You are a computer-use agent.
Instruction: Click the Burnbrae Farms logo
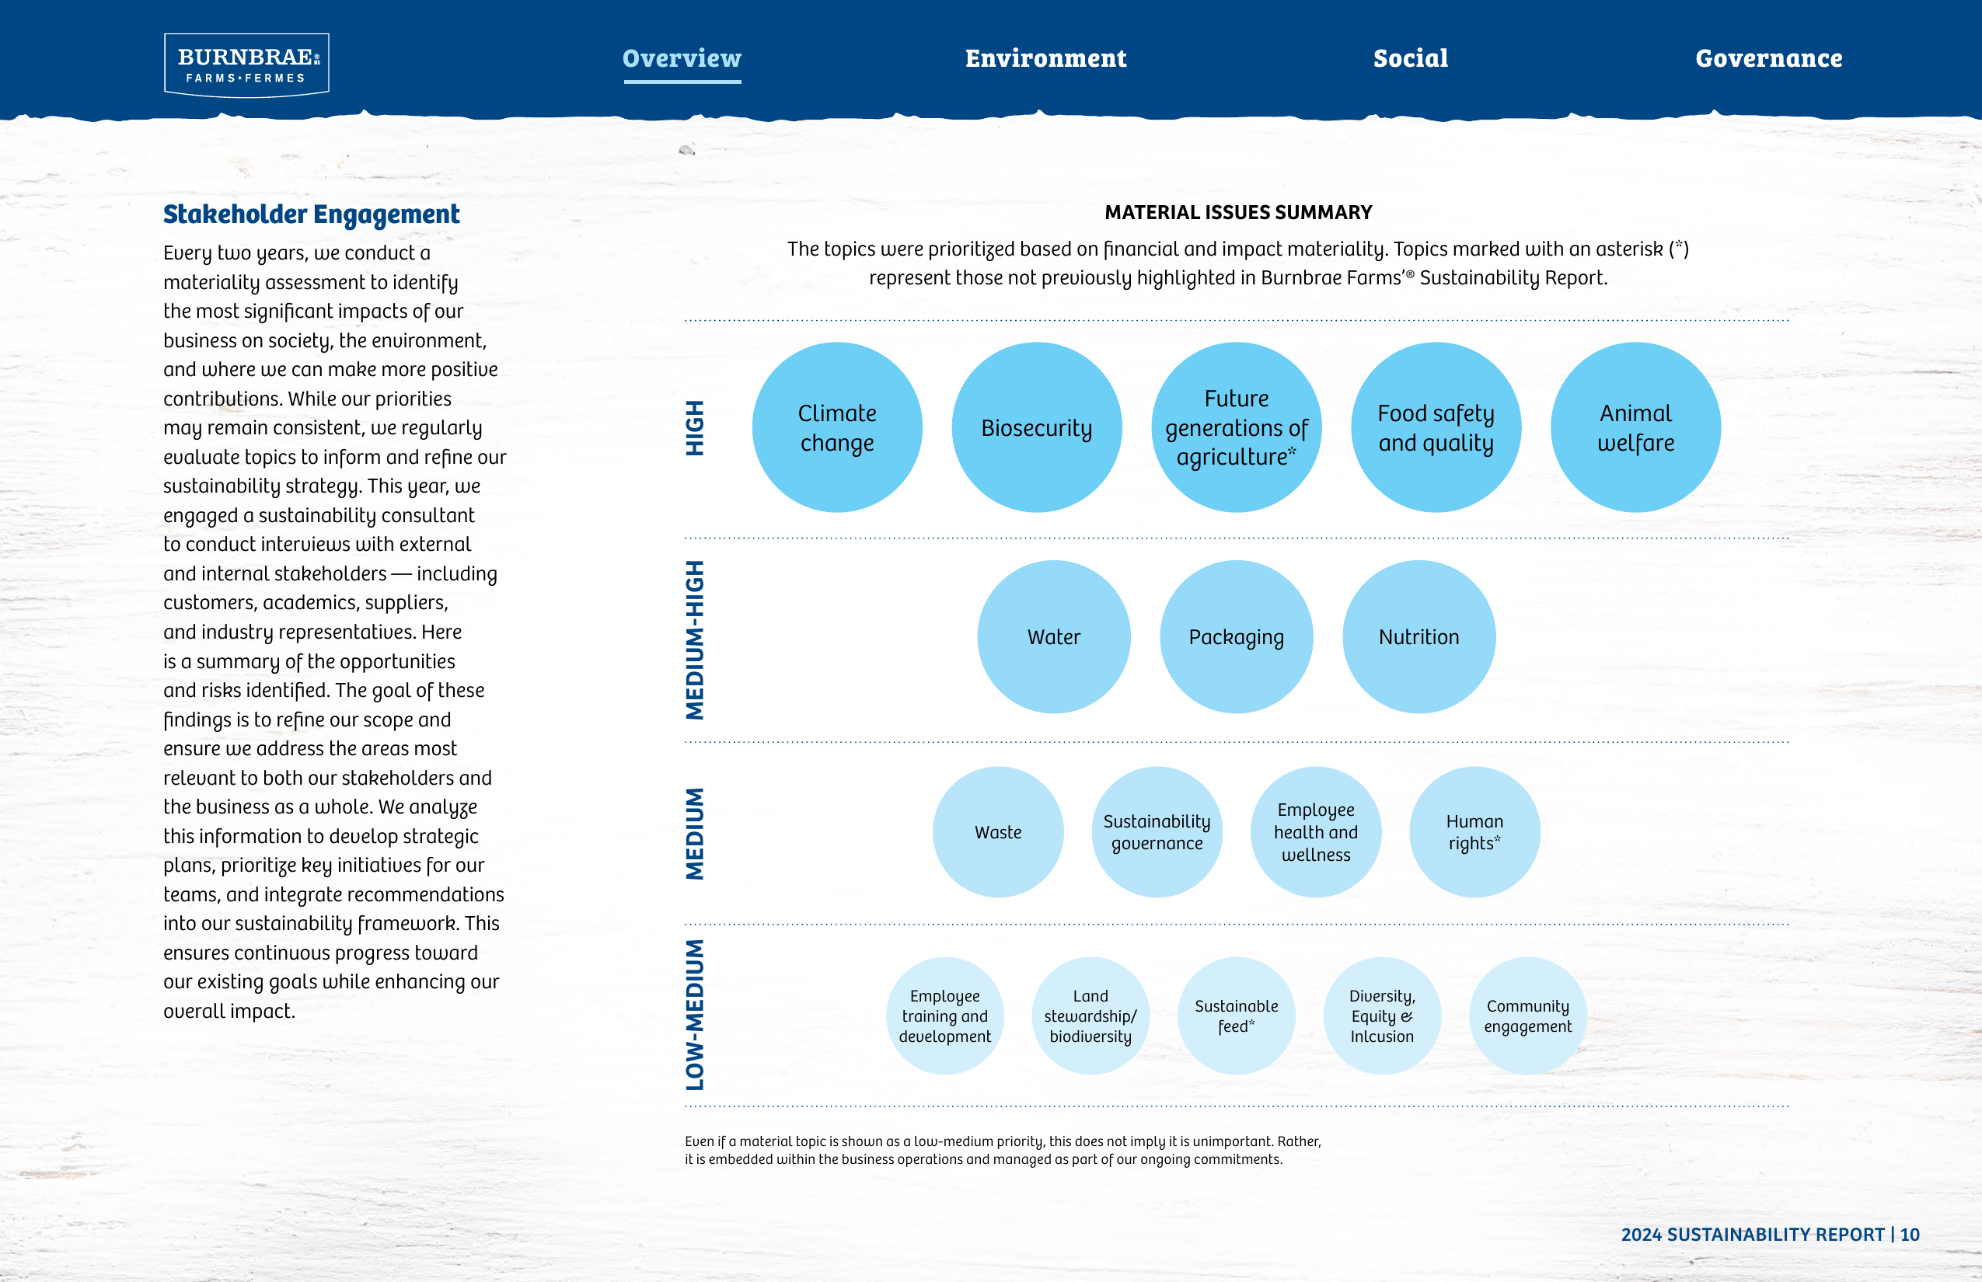246,65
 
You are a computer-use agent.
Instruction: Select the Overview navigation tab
682,58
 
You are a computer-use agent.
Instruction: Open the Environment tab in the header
1045,58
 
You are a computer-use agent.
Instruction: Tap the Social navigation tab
1411,58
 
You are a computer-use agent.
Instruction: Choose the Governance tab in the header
1769,58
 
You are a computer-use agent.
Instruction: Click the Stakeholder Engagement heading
312,214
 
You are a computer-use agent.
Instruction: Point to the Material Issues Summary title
1238,212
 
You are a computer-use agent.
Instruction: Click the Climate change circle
837,427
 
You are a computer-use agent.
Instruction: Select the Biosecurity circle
1037,427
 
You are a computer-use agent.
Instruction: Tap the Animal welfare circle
1635,427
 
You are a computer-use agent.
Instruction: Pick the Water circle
1053,637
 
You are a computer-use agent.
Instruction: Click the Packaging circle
1237,637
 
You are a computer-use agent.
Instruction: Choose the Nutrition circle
1419,637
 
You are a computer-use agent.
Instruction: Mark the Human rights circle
1475,831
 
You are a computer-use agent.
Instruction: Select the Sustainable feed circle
1237,1015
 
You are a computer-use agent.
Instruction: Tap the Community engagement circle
1528,1015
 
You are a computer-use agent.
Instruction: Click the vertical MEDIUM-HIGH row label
695,639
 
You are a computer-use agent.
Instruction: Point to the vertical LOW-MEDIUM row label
695,1015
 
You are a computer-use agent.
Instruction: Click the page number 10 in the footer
1910,1235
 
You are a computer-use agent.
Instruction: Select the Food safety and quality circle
1436,427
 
